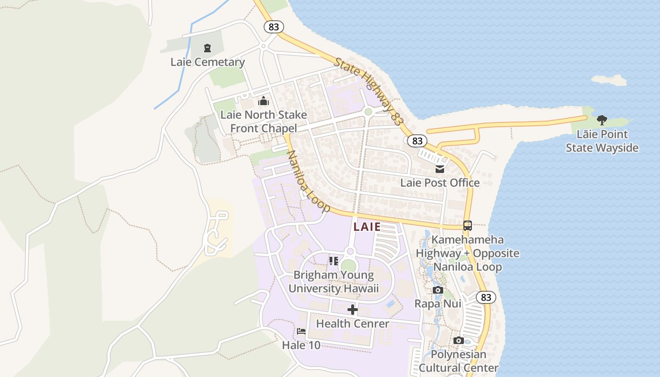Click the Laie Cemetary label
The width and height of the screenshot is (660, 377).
[x=207, y=62]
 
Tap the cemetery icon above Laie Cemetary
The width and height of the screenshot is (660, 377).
[x=207, y=48]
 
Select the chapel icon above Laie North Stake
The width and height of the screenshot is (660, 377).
[x=264, y=101]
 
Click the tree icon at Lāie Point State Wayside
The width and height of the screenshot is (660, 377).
[x=602, y=120]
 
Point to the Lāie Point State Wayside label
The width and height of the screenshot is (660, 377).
[x=602, y=141]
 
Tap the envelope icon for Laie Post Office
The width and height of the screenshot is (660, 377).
[x=440, y=169]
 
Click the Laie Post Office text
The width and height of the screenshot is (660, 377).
[x=440, y=183]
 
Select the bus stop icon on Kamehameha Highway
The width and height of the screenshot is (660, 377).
[x=468, y=226]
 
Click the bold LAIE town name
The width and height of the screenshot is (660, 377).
[x=367, y=227]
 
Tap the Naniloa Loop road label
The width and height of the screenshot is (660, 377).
[x=309, y=181]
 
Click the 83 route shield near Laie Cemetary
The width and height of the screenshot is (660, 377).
[x=274, y=27]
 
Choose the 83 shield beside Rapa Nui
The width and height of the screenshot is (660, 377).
[x=486, y=297]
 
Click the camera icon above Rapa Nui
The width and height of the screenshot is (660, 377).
[x=438, y=290]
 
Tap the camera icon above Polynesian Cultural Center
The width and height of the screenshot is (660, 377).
[x=458, y=340]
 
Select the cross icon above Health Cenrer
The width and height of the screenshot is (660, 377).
[x=353, y=310]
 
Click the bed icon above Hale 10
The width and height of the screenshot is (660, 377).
[x=301, y=331]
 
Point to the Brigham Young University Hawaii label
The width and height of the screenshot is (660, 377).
[x=334, y=282]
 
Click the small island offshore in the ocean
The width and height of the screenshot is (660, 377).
[x=609, y=80]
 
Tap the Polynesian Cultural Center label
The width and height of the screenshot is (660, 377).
[x=458, y=361]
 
